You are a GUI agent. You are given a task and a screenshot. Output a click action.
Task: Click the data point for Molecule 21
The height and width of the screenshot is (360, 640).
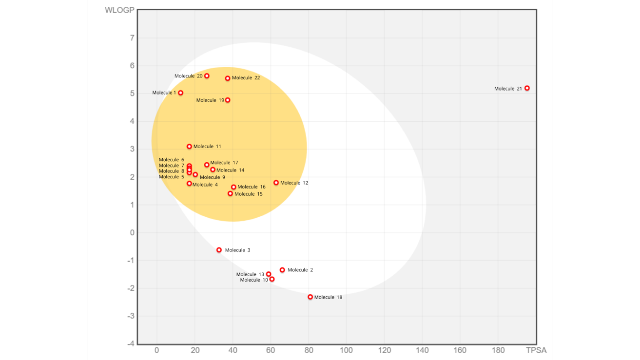point(527,88)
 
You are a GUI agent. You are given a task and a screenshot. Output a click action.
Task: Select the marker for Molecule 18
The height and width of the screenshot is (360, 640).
point(310,297)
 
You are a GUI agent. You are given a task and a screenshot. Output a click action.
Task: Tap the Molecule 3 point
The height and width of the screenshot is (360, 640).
point(219,250)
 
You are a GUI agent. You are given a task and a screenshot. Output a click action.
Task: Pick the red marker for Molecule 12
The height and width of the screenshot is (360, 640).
point(276,183)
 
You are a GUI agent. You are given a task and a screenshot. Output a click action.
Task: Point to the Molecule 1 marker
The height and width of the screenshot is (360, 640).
point(180,93)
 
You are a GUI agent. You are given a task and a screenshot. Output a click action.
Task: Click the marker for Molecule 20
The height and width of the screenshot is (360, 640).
point(207,76)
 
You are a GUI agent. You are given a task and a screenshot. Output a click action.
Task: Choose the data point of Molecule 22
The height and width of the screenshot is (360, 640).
point(228,78)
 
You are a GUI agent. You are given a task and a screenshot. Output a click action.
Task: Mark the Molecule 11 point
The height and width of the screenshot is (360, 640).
point(189,146)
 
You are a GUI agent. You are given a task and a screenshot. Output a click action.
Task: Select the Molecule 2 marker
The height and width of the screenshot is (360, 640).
point(282,270)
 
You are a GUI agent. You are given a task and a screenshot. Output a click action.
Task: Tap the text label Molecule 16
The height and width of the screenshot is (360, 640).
point(252,187)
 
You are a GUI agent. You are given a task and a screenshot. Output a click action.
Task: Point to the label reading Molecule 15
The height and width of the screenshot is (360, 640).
point(249,194)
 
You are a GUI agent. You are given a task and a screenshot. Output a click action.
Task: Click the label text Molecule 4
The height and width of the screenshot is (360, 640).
point(205,185)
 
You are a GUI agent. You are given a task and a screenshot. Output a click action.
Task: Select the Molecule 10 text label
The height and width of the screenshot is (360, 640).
point(254,280)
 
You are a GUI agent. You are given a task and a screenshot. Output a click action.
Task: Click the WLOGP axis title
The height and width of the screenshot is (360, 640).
point(119,10)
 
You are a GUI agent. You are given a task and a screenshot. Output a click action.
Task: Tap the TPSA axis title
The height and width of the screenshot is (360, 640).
point(536,350)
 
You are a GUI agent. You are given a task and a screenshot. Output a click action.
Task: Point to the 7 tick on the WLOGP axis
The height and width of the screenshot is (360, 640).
point(132,38)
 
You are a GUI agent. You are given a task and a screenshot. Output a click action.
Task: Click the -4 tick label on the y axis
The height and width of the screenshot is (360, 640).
point(131,344)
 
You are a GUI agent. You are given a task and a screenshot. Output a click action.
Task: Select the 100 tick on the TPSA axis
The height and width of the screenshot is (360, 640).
point(347,350)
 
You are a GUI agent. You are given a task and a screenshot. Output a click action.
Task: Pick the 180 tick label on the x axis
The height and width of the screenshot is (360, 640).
point(498,350)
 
